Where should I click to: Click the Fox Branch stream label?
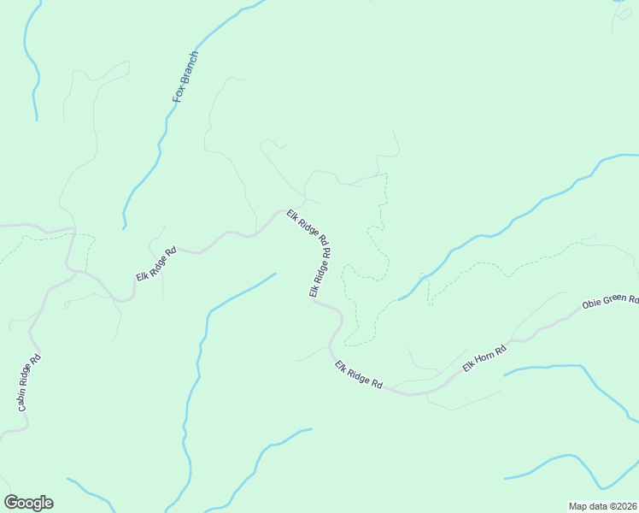185,77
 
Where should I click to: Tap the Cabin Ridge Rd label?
26,383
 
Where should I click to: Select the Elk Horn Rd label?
484,356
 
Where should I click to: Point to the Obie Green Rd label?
609,303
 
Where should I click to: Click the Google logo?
28,503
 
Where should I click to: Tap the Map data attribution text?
601,506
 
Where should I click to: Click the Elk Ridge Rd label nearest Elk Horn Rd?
359,374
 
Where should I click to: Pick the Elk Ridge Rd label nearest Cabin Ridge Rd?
155,264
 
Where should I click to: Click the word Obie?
591,305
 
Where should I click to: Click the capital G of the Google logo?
12,503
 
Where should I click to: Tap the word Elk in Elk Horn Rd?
468,367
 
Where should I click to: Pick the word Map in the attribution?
578,506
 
